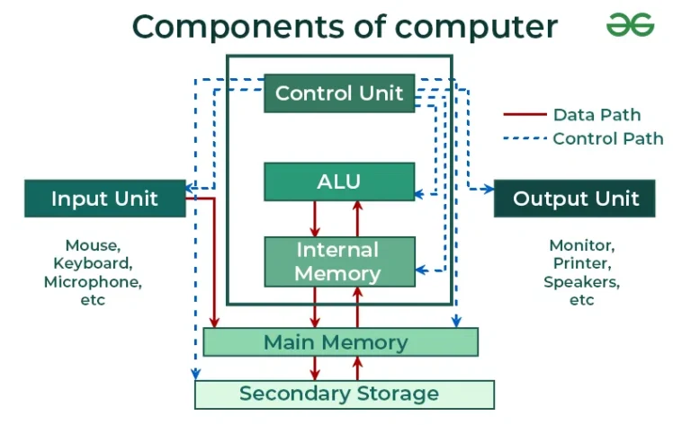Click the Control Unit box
tap(339, 93)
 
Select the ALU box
tap(339, 182)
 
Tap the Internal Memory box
tap(339, 261)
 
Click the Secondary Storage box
tap(344, 394)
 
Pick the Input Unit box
tap(104, 199)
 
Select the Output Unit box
tap(575, 199)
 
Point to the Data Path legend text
tap(597, 115)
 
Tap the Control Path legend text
tap(607, 138)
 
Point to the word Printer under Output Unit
tap(581, 263)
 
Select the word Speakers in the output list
tap(581, 281)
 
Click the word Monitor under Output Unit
tap(581, 245)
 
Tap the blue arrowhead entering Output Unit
tap(489, 189)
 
